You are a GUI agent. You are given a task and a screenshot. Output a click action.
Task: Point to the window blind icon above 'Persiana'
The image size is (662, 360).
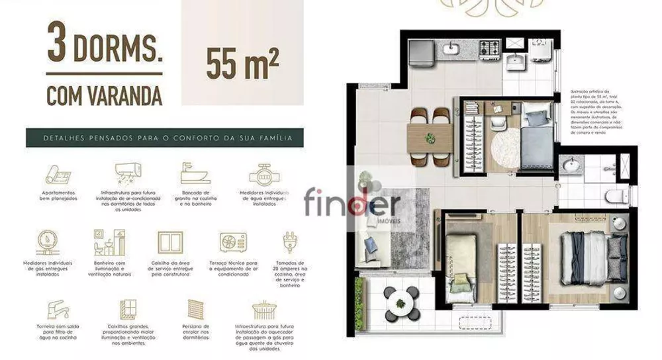(x=196, y=309)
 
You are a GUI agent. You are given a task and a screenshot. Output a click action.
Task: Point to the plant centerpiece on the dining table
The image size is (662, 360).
(x=430, y=138)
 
